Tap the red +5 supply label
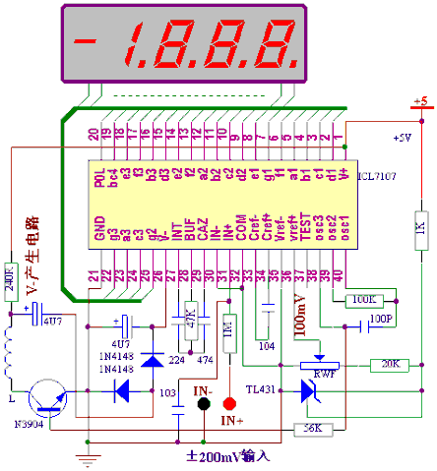coord(419,101)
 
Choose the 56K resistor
coord(313,428)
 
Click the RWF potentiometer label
coord(321,375)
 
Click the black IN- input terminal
coord(204,403)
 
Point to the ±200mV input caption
coord(228,457)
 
